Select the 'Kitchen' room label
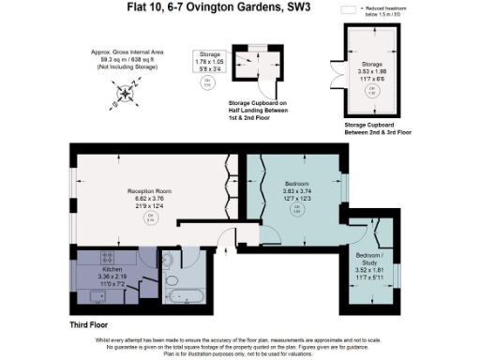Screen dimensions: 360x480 point(112,269)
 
